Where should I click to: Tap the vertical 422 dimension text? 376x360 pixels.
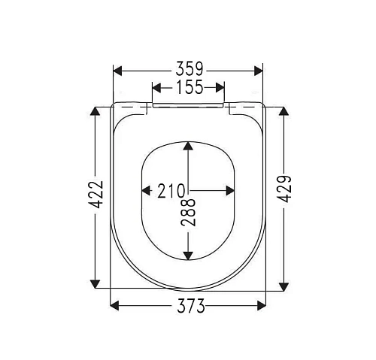[x=96, y=198]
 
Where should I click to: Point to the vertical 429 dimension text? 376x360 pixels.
[x=284, y=198]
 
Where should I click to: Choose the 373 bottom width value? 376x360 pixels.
[x=189, y=305]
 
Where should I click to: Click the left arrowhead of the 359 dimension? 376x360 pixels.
[x=117, y=71]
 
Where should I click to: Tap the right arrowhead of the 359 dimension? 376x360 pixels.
[x=259, y=71]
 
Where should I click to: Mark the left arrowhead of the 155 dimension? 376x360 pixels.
[x=156, y=88]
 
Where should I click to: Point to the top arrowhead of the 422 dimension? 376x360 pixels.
[x=96, y=111]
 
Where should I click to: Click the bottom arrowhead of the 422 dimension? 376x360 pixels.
[x=96, y=283]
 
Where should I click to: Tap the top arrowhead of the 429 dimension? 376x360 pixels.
[x=284, y=111]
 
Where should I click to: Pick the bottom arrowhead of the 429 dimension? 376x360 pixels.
[x=284, y=285]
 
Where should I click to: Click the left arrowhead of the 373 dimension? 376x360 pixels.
[x=115, y=305]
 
